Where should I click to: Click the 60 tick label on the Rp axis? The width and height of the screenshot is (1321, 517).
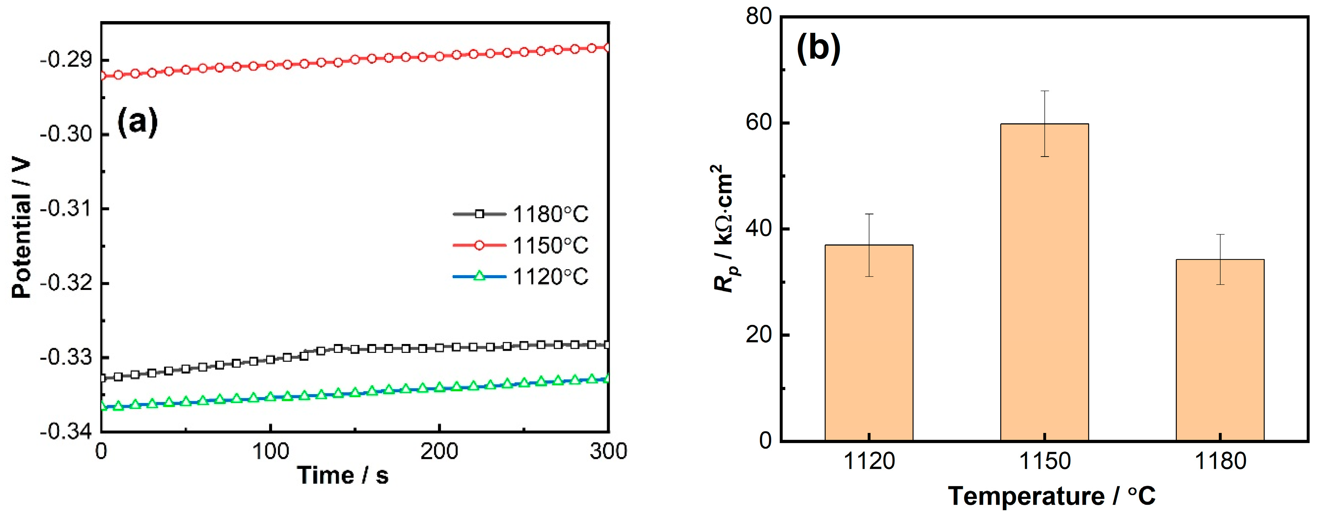(759, 123)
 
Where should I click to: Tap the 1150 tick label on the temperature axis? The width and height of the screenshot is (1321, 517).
(1044, 462)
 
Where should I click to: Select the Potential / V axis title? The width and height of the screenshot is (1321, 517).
(22, 228)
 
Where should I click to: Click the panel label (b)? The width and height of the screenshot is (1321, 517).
(819, 49)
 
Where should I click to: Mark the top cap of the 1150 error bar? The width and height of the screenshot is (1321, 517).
(1045, 91)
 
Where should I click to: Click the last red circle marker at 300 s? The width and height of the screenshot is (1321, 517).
(608, 48)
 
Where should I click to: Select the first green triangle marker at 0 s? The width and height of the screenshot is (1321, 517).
(102, 406)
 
